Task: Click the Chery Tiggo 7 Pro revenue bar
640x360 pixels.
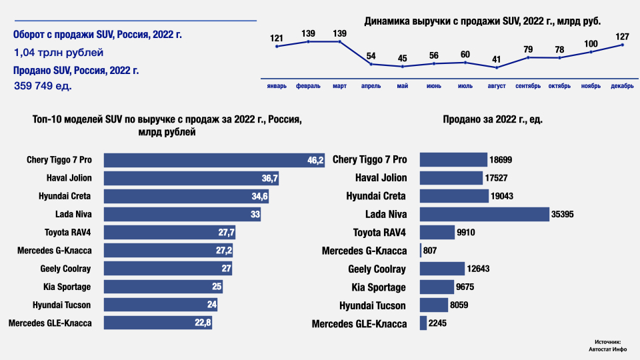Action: click(x=213, y=160)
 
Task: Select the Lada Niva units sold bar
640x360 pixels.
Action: click(x=484, y=214)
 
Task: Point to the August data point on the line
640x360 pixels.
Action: click(x=497, y=67)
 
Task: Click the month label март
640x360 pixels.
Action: click(x=339, y=86)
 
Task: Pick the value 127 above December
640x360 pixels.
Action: click(x=622, y=37)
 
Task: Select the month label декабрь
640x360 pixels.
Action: click(x=622, y=86)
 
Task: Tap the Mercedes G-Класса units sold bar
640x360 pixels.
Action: click(x=420, y=251)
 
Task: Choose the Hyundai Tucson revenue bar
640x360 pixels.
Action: click(x=161, y=305)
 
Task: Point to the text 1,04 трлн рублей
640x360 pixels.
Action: click(x=59, y=52)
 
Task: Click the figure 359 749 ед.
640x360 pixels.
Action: click(x=43, y=86)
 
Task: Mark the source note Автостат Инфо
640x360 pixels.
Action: click(x=607, y=348)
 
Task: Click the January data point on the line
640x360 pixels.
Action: click(x=277, y=46)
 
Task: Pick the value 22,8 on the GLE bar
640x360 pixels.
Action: click(x=203, y=323)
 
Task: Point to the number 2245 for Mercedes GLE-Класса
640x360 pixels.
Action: click(x=438, y=323)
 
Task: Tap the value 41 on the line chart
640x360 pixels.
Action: click(x=497, y=59)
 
